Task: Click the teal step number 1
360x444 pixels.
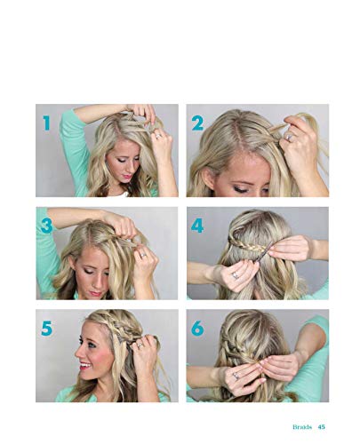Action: [46, 123]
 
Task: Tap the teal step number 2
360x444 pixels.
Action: [197, 123]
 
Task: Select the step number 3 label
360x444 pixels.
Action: [46, 226]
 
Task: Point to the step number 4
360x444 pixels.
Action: [197, 226]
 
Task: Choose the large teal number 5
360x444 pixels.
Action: [46, 328]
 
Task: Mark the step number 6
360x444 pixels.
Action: [197, 328]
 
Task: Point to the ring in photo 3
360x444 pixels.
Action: [140, 255]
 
